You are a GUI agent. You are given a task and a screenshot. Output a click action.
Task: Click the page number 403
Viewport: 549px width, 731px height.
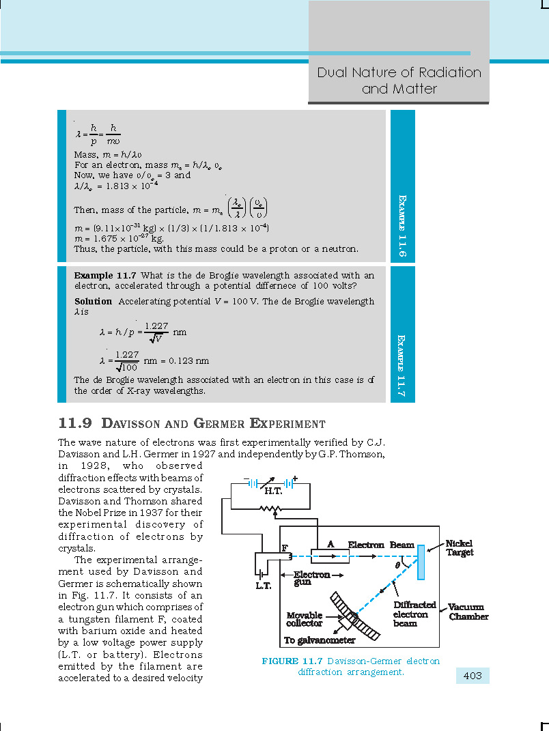(x=473, y=676)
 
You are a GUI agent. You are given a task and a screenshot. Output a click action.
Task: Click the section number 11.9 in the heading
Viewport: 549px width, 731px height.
(x=75, y=423)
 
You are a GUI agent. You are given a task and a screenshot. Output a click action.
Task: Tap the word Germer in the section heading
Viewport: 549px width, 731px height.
(x=219, y=423)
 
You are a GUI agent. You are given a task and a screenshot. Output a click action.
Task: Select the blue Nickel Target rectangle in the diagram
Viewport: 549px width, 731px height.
(x=421, y=562)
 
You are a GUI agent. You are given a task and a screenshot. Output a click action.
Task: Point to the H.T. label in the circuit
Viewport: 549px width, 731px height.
(x=273, y=491)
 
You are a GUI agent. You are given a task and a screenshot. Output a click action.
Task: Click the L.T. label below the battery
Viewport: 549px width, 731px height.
(x=264, y=586)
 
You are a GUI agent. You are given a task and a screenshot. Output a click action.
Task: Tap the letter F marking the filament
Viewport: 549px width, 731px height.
(x=285, y=548)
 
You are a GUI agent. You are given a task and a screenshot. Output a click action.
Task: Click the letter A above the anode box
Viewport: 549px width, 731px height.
(x=330, y=544)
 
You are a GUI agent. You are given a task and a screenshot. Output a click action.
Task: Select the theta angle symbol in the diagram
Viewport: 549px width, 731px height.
(x=397, y=565)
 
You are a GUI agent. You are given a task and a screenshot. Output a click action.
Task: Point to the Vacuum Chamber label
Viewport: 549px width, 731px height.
(x=468, y=612)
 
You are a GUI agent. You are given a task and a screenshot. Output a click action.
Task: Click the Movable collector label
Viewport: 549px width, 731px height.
(x=304, y=619)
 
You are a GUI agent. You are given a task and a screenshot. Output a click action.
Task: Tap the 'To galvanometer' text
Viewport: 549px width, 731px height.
(x=320, y=640)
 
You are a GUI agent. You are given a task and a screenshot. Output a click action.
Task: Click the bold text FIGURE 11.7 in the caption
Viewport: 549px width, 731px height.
(x=292, y=661)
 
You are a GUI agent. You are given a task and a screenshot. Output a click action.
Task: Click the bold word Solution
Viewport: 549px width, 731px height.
(x=94, y=301)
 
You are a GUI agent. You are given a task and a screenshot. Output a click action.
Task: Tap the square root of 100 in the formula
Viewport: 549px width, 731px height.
(x=127, y=367)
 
